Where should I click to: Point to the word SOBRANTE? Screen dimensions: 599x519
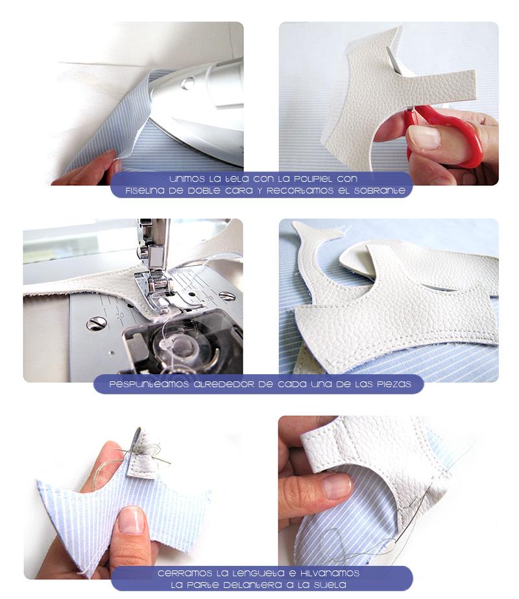coord(379,191)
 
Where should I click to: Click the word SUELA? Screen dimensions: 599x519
coord(331,585)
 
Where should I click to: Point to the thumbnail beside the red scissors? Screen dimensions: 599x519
coord(425,137)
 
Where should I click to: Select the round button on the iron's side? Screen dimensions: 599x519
coord(187,83)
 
